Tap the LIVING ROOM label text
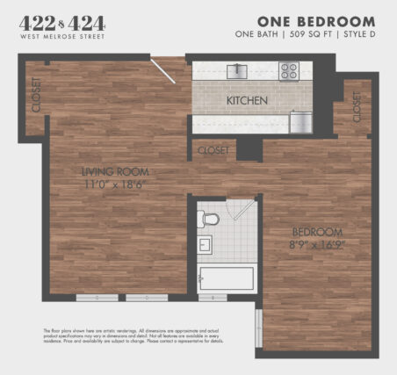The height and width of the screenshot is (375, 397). tap(115, 171)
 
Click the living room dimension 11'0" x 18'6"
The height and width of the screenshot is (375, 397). tap(115, 185)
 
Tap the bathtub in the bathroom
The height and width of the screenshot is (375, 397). tap(226, 278)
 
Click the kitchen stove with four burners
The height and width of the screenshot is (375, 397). tap(290, 72)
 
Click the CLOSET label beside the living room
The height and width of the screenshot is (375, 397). tap(36, 95)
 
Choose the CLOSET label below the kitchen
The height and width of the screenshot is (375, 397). tap(213, 150)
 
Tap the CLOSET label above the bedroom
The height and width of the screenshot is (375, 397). tap(357, 109)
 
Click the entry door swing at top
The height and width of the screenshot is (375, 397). tap(163, 70)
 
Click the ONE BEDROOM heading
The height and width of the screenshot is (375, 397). tap(316, 21)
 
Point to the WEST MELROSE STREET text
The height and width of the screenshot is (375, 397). tap(61, 39)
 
